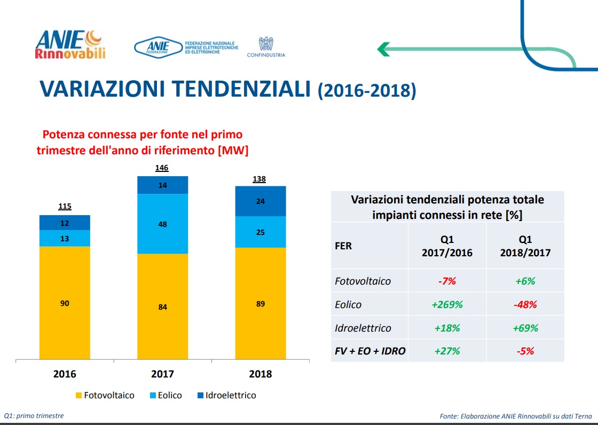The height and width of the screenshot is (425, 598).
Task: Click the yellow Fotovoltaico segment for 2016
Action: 65,303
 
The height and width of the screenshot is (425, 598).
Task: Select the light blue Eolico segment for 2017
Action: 162,224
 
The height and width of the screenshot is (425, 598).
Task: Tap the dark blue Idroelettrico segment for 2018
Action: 261,201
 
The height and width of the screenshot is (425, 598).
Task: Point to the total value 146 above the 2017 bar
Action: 162,168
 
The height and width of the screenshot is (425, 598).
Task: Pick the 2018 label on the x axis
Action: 260,374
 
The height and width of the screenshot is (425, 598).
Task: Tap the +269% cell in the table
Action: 447,304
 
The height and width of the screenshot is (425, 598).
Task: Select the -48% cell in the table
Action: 524,304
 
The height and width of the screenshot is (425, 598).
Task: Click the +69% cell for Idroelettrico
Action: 524,328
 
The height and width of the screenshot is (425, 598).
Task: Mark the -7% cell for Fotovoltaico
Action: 447,281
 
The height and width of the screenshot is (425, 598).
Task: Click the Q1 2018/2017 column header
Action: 524,246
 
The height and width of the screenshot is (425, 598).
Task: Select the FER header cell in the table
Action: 343,246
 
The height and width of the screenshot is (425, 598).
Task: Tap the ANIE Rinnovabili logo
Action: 70,44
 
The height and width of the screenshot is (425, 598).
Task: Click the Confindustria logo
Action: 266,47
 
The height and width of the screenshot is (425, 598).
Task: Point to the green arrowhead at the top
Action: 383,49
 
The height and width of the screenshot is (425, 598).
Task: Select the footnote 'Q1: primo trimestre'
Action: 34,415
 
